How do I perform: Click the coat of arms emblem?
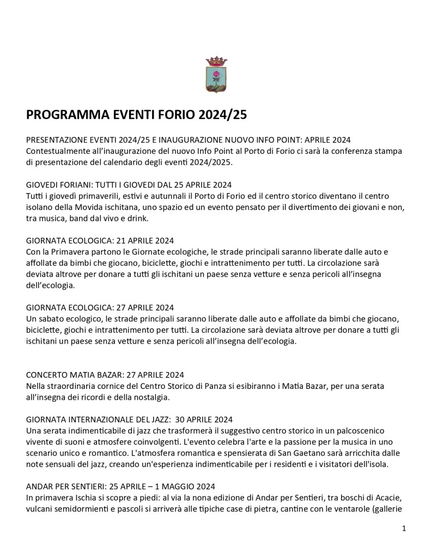pos(215,75)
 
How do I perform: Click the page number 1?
pos(403,528)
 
